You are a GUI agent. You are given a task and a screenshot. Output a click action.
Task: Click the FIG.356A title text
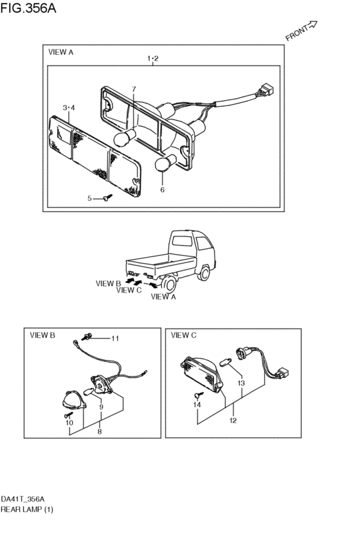coord(28,8)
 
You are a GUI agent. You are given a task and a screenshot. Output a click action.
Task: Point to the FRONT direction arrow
coord(312,25)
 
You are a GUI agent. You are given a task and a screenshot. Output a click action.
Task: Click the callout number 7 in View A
coord(134,89)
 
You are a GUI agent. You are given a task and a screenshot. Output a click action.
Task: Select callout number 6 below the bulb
coord(162,190)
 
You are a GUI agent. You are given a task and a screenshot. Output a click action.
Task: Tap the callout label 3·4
coord(69,108)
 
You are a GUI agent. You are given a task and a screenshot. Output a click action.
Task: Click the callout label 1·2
coord(153,58)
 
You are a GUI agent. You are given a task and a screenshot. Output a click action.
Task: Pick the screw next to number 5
coord(107,198)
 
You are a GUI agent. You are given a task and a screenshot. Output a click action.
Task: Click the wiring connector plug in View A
coord(267,90)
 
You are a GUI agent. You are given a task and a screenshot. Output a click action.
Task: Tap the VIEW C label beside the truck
coord(129,291)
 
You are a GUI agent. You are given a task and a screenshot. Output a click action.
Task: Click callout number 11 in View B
coord(115,338)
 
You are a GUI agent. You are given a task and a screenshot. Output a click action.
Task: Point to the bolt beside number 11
coord(87,337)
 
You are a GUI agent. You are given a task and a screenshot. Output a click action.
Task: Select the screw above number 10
coord(68,415)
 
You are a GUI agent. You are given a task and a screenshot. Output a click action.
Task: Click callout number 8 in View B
coord(100,431)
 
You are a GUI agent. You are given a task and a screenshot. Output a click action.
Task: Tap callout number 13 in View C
coord(241,383)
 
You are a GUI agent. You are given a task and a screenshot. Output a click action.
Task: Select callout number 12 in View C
coord(233,420)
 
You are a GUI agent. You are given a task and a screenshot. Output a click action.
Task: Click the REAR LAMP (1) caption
coord(27,509)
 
